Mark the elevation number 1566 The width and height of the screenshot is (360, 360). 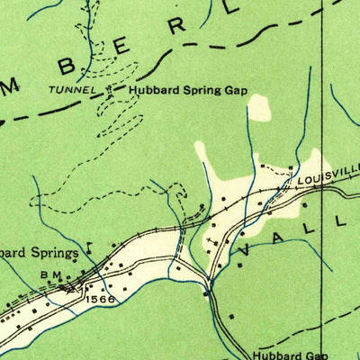coord(102,299)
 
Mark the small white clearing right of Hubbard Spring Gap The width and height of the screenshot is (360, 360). coord(260,109)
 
